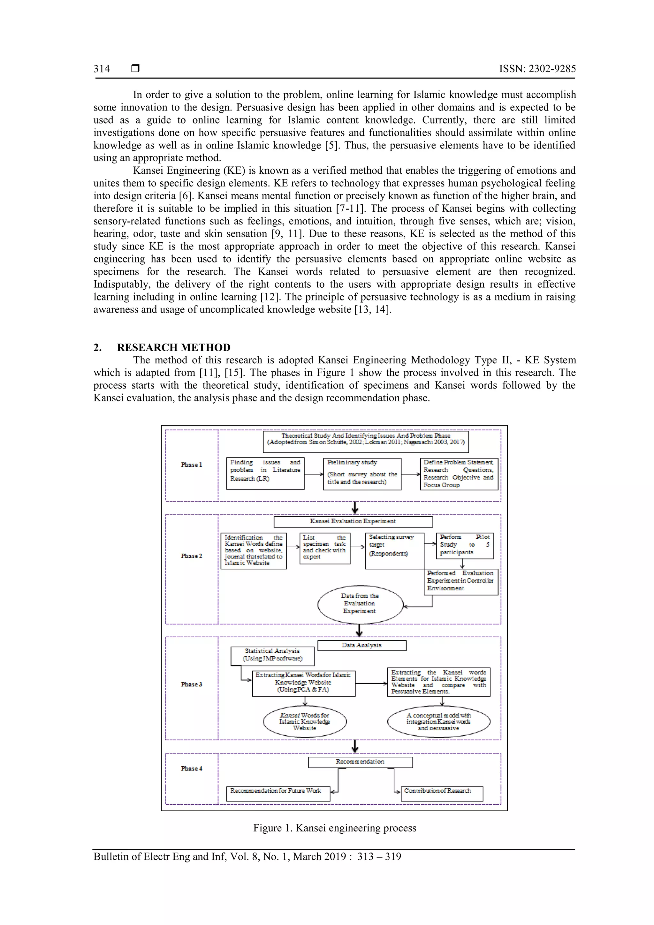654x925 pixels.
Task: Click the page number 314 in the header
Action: tap(102, 69)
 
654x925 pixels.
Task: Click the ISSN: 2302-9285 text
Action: tap(537, 69)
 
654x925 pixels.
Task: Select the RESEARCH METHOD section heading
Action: tap(173, 347)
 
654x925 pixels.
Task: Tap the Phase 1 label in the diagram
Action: tap(191, 465)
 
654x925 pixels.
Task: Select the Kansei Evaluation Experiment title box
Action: tap(353, 521)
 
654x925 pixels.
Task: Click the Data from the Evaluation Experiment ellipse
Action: tap(360, 603)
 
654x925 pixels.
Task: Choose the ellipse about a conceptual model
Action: tap(438, 722)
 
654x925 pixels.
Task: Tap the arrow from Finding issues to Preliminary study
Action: tap(314, 474)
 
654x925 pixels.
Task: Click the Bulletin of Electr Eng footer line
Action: tap(247, 857)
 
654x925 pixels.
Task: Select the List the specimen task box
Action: tap(325, 548)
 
